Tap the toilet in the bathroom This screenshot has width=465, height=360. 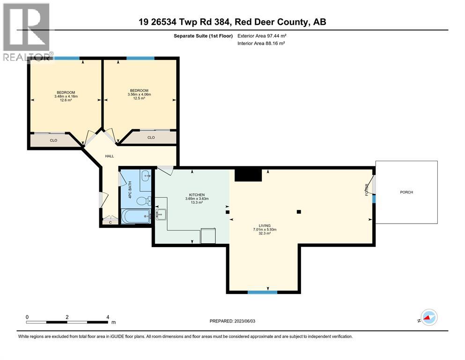(x=141, y=201)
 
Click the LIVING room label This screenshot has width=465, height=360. (x=264, y=225)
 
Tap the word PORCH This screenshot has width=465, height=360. (x=406, y=192)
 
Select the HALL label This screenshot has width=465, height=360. (x=109, y=156)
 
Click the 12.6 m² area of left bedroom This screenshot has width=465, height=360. (x=66, y=100)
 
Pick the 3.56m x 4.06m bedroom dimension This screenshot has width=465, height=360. (x=140, y=95)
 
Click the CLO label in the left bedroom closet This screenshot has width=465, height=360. (x=53, y=140)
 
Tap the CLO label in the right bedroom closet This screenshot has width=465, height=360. (x=151, y=137)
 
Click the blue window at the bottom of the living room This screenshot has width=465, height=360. (x=262, y=292)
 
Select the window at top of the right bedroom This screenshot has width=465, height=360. (x=140, y=58)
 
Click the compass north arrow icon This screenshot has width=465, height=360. (x=428, y=318)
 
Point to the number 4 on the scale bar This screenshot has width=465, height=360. (x=108, y=317)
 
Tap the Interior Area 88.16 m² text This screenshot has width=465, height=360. (x=261, y=43)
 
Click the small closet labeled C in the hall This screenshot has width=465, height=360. (x=111, y=222)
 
